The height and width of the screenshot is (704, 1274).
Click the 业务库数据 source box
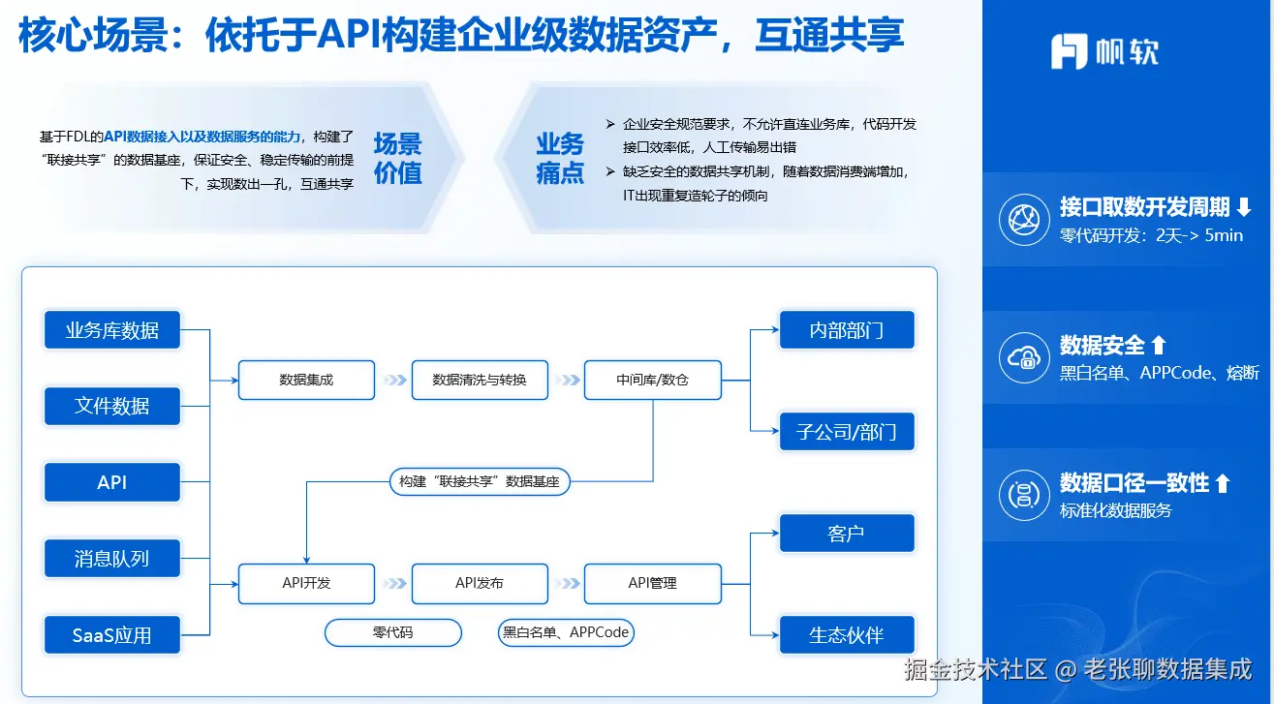[x=112, y=330]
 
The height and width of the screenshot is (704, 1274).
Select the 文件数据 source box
[x=112, y=406]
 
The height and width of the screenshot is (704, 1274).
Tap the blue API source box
[x=112, y=482]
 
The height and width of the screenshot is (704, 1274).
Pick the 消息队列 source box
[x=112, y=559]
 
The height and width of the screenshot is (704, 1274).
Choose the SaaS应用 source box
[x=112, y=635]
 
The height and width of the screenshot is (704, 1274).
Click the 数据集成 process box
[x=306, y=380]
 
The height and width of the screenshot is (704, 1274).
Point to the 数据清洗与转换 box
[x=480, y=380]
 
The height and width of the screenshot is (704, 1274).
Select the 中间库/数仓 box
[x=652, y=380]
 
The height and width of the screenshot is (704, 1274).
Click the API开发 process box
[x=306, y=583]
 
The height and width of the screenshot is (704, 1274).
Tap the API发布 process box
[x=480, y=583]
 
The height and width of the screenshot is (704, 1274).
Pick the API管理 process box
[x=652, y=583]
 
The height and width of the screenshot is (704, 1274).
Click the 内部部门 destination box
[x=847, y=330]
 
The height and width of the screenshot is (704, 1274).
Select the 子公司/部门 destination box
[x=847, y=431]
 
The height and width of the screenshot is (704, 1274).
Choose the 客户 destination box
[x=847, y=534]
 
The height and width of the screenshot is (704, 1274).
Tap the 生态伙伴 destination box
[x=847, y=635]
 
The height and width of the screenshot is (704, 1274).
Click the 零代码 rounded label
[x=392, y=632]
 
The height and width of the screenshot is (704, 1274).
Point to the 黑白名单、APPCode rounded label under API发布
[x=566, y=632]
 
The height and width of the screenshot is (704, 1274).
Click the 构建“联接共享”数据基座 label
[x=480, y=481]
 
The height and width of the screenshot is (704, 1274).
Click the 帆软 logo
[x=1104, y=51]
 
